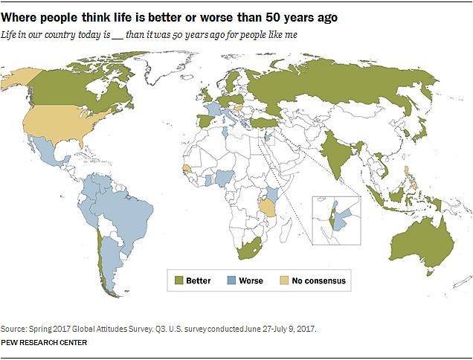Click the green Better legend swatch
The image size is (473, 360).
point(178,280)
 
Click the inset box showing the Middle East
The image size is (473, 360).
point(337,219)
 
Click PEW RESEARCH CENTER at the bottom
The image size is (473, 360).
point(45,343)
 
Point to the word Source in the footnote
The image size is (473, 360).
point(14,328)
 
